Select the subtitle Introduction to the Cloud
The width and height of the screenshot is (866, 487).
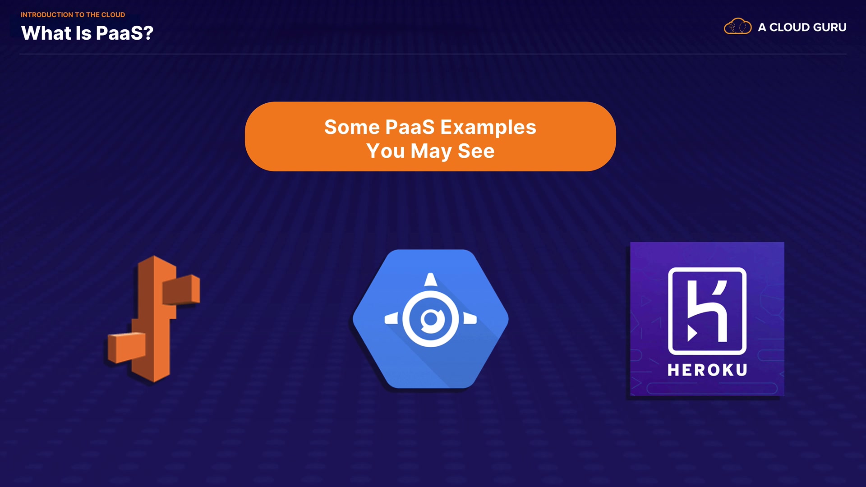tap(73, 15)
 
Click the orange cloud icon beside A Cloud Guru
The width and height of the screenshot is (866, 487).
tap(737, 27)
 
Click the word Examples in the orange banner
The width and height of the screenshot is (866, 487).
tap(488, 128)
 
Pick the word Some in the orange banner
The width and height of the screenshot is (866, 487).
tap(352, 127)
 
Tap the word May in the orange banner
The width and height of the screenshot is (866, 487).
tap(431, 152)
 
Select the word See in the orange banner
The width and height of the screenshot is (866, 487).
tap(476, 151)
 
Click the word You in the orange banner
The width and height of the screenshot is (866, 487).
tap(386, 151)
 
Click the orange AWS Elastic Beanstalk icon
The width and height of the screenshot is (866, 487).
tap(153, 319)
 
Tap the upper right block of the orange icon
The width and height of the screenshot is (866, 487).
tap(181, 289)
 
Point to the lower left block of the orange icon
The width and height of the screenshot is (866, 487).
tap(126, 348)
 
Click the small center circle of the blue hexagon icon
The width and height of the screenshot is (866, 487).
tap(431, 319)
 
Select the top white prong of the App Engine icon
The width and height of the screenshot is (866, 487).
tap(431, 280)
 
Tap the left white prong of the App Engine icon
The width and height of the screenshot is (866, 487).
tap(392, 319)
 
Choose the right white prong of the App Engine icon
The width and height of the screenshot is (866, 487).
tap(470, 319)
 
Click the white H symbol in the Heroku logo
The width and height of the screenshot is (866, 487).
tap(707, 311)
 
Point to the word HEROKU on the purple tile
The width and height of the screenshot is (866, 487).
tap(707, 370)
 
